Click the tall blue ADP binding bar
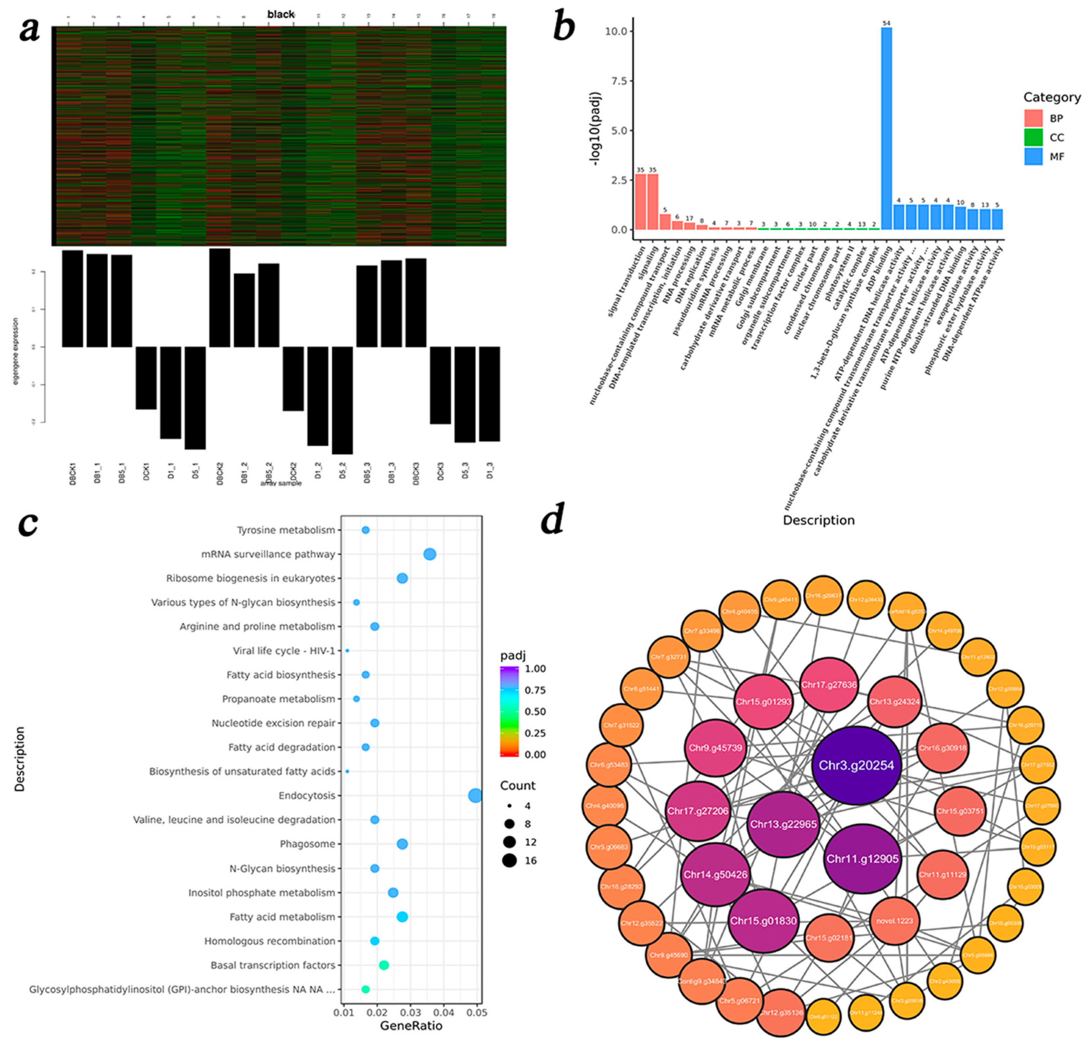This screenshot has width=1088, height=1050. click(x=887, y=128)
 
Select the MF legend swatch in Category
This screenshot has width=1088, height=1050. click(x=1033, y=157)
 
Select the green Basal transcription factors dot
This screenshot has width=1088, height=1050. click(x=384, y=965)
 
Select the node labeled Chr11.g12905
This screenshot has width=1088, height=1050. click(x=862, y=859)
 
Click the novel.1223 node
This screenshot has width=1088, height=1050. click(x=894, y=921)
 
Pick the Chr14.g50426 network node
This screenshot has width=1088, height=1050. click(x=716, y=875)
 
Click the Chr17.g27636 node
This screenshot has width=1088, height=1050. click(x=828, y=685)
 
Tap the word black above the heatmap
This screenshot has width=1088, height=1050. click(x=280, y=14)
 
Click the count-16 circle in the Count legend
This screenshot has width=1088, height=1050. click(x=509, y=861)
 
